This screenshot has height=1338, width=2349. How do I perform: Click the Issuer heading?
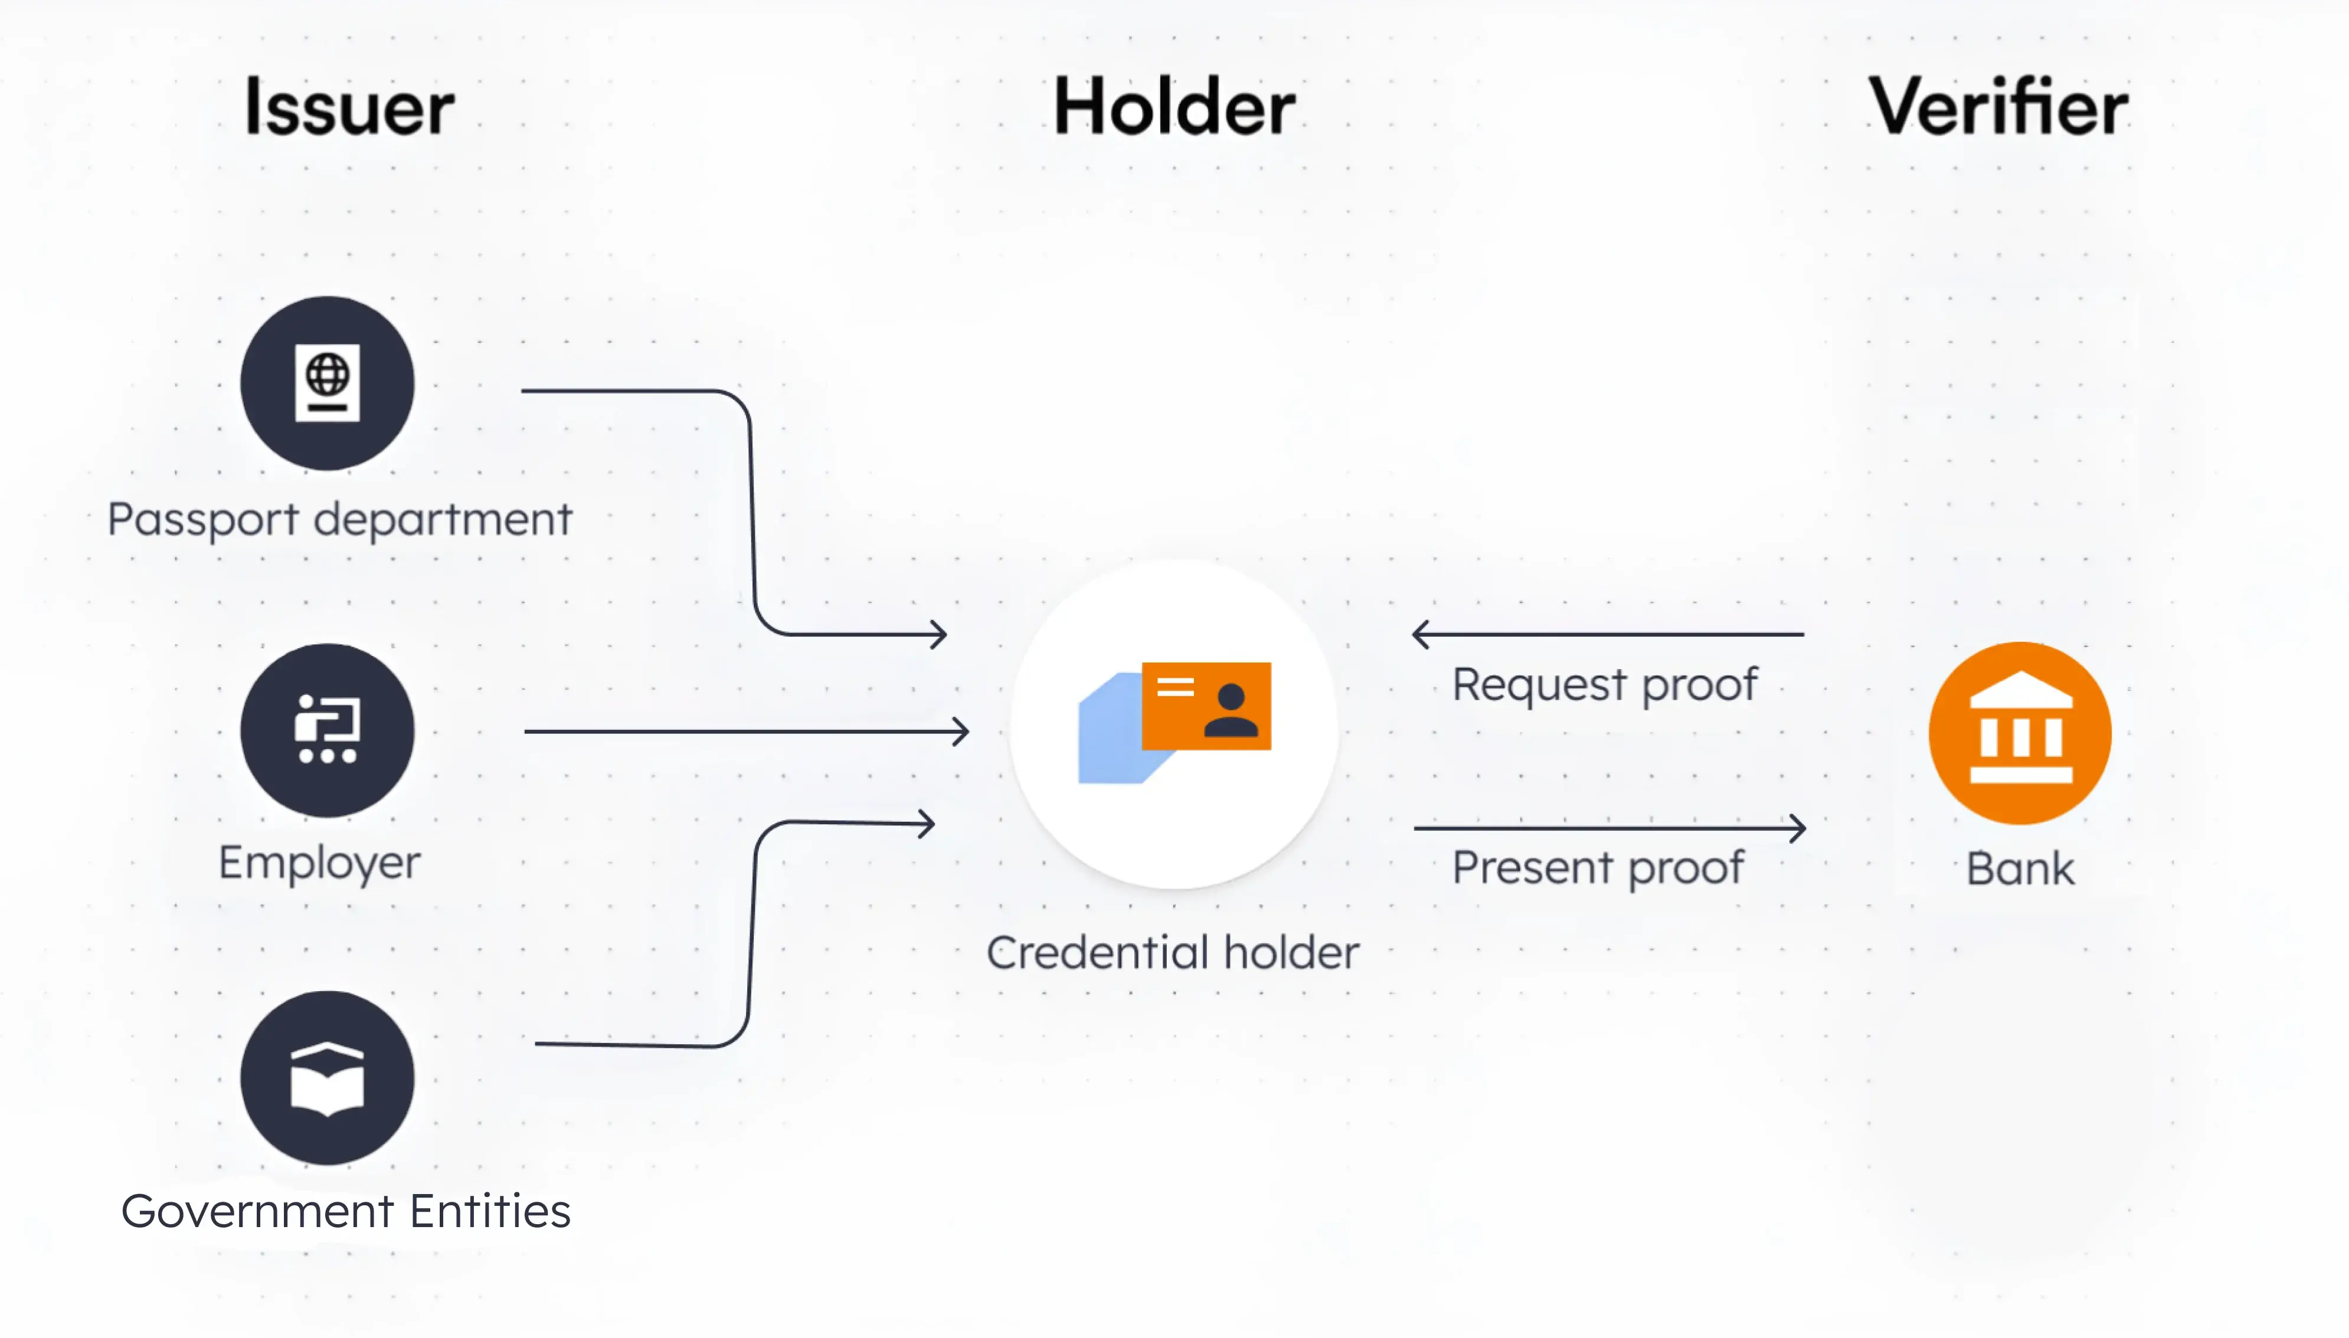pyautogui.click(x=349, y=107)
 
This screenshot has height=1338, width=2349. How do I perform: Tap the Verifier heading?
pyautogui.click(x=1998, y=107)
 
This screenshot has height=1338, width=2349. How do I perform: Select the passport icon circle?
pyautogui.click(x=328, y=383)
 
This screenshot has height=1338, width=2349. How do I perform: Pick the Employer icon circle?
pyautogui.click(x=328, y=730)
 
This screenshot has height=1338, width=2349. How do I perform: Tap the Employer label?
pyautogui.click(x=319, y=864)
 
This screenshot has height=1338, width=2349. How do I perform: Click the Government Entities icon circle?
pyautogui.click(x=328, y=1078)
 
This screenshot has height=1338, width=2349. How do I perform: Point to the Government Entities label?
pyautogui.click(x=346, y=1211)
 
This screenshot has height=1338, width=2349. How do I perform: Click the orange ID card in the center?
pyautogui.click(x=1206, y=706)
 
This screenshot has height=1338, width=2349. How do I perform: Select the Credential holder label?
pyautogui.click(x=1172, y=953)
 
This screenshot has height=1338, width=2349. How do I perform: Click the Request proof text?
pyautogui.click(x=1604, y=686)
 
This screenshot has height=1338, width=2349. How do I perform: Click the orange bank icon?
pyautogui.click(x=2020, y=732)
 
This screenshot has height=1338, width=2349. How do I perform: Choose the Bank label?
pyautogui.click(x=2020, y=870)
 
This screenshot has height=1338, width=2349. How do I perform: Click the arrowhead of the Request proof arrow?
pyautogui.click(x=1421, y=634)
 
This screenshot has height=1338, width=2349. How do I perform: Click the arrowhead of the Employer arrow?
pyautogui.click(x=961, y=732)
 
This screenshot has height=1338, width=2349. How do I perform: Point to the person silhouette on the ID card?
pyautogui.click(x=1231, y=710)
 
